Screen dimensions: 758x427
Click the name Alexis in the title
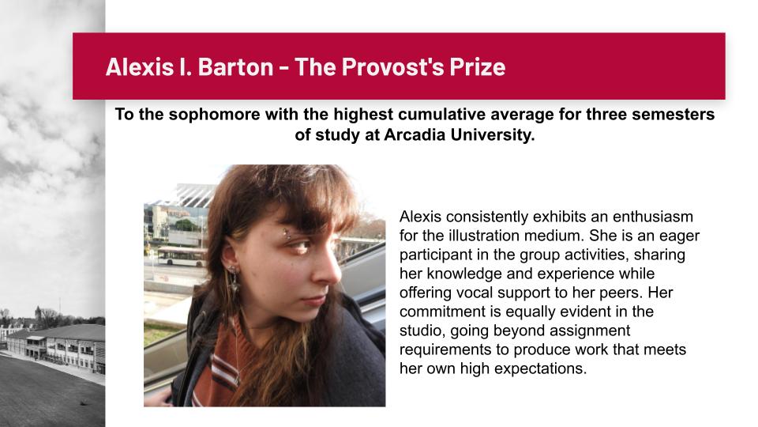point(140,66)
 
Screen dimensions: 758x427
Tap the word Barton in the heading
point(236,66)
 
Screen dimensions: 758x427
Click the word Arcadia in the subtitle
point(415,134)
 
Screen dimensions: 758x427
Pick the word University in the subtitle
point(492,135)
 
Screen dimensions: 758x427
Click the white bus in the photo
point(182,255)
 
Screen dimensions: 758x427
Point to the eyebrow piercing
point(287,234)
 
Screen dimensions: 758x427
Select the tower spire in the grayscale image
point(38,312)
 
